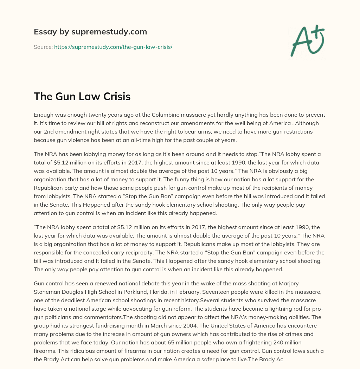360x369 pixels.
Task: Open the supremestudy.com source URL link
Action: [113, 47]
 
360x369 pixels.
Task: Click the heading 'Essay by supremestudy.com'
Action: [90, 32]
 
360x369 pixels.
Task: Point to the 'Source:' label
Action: [43, 47]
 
